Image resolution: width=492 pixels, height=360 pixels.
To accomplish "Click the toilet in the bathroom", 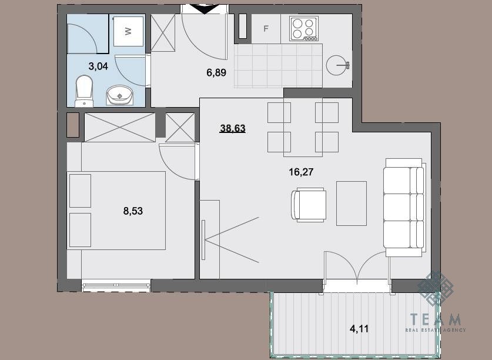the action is pos(84,91).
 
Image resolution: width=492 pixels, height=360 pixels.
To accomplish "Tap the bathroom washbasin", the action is pos(119,95).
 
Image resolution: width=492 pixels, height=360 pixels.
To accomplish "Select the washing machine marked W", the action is pos(128,31).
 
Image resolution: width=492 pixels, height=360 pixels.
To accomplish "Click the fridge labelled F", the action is pos(266,29).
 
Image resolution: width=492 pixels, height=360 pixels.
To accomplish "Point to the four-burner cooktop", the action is pos(304,29).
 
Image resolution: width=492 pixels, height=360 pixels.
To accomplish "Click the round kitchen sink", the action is pos(337,65).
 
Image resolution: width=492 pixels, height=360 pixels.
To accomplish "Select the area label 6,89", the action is pos(216,72).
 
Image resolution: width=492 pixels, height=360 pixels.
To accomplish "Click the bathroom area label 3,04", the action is pos(98,66).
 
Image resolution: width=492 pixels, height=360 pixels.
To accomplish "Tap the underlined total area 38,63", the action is pos(233,128).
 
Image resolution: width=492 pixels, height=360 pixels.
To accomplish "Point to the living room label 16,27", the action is pos(301,172).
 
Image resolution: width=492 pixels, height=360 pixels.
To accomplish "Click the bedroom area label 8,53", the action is pos(133,211).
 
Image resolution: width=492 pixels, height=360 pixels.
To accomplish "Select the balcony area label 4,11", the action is pos(359,329).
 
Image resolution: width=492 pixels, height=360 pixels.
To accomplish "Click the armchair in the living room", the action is pos(309,205).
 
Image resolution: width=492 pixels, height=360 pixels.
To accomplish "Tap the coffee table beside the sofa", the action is pos(352,204).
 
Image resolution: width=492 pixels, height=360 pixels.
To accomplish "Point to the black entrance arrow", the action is pos(205,9).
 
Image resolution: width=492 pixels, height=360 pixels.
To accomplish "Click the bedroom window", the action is pos(116,285).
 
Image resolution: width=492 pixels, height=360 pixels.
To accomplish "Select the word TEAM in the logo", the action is pos(436,319).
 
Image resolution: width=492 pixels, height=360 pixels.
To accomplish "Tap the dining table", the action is pos(303,127).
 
